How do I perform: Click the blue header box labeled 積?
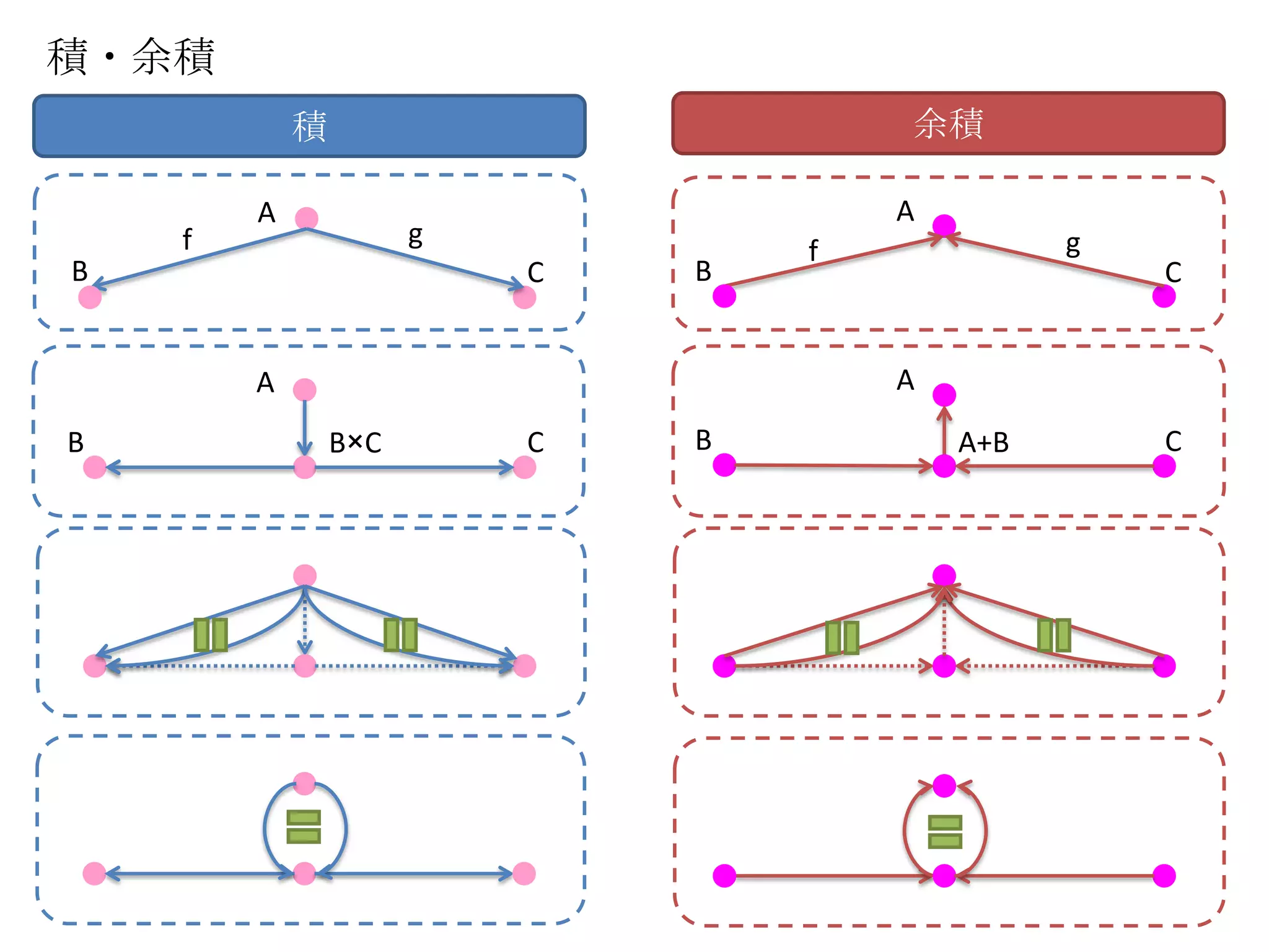309,126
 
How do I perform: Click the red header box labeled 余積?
948,123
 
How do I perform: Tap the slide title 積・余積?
131,56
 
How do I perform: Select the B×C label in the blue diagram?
355,443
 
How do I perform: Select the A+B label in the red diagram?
983,443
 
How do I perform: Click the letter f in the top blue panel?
187,239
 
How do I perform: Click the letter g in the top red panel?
1073,245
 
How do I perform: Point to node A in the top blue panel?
306,218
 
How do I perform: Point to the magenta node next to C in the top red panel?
1164,296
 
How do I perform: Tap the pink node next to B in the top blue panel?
90,297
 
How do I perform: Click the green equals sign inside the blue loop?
304,827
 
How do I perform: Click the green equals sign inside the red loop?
945,831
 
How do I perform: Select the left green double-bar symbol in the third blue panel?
211,635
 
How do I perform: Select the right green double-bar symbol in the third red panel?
1054,635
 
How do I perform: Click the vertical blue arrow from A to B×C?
304,428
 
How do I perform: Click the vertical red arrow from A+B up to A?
944,431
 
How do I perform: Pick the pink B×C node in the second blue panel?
304,467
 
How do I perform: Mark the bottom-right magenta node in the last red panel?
1164,876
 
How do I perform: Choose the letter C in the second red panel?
1173,441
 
